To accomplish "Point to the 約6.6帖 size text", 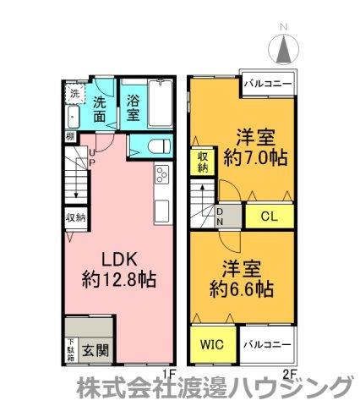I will pyautogui.click(x=242, y=289).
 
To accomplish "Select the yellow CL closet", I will pyautogui.click(x=269, y=216).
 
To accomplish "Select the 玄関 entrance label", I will pyautogui.click(x=95, y=348).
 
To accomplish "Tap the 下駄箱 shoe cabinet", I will pyautogui.click(x=70, y=348).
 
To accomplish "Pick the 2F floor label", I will pyautogui.click(x=289, y=372).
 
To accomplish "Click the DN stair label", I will pyautogui.click(x=220, y=216).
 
